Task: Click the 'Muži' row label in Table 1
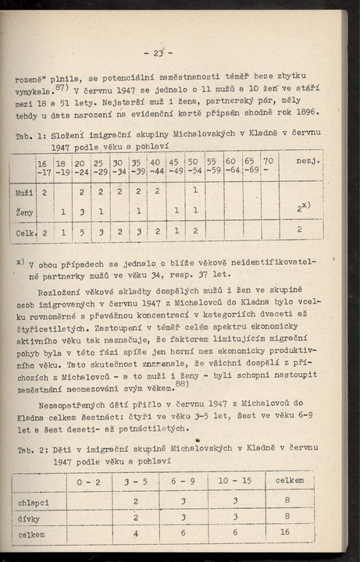[x=23, y=190]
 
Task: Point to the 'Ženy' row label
[x=24, y=212]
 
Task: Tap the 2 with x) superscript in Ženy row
[x=300, y=208]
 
